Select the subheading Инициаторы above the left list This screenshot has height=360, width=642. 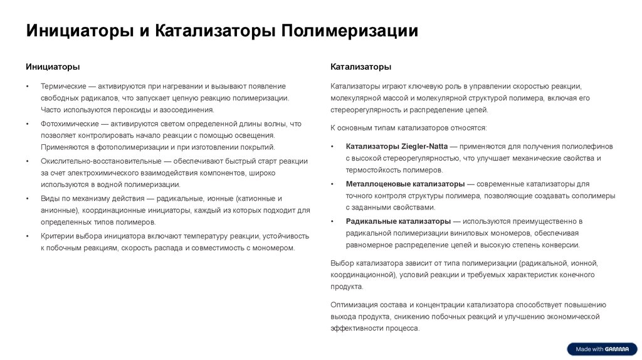[53, 66]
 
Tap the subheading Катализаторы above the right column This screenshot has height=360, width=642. [361, 66]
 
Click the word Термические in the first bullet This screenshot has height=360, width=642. [63, 86]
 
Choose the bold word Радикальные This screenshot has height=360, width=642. [370, 221]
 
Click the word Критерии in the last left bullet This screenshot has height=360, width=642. [58, 236]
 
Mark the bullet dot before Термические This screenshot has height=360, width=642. [28, 87]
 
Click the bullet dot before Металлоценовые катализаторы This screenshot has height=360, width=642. [333, 184]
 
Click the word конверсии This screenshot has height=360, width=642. [561, 245]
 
